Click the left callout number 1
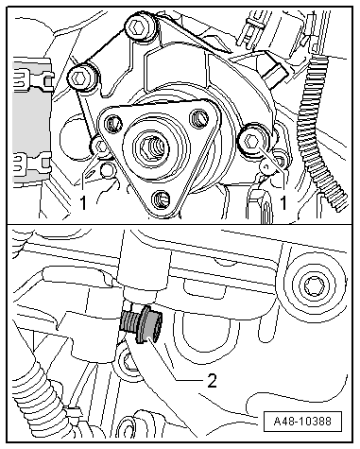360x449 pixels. click(83, 202)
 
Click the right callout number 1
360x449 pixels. click(283, 202)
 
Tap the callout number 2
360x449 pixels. click(212, 381)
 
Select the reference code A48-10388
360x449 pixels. click(302, 422)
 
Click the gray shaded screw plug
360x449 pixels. click(142, 324)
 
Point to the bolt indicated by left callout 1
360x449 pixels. click(101, 147)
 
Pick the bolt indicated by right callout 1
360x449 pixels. click(251, 143)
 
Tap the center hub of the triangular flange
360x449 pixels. click(150, 147)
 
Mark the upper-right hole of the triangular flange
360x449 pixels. click(199, 119)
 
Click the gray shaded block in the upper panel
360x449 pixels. click(31, 121)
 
